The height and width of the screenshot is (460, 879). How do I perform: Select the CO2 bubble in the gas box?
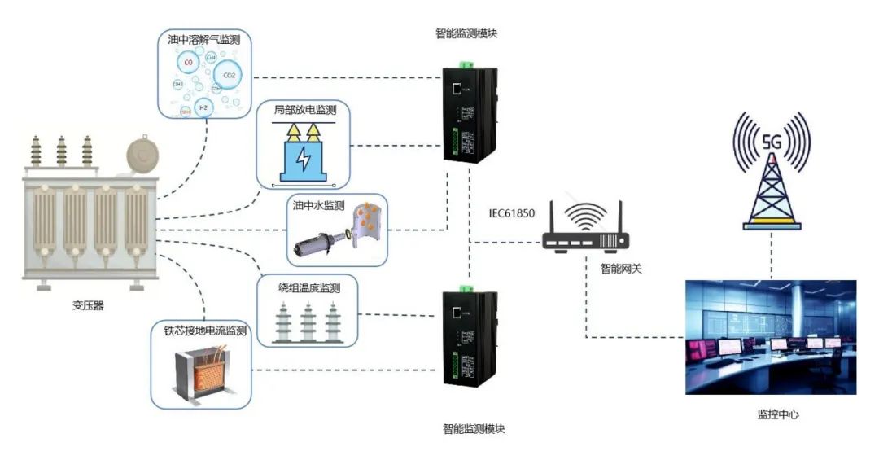pyautogui.click(x=229, y=75)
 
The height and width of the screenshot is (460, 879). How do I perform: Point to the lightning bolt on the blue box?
pyautogui.click(x=303, y=159)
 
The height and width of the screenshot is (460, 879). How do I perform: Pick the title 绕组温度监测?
pyautogui.click(x=308, y=287)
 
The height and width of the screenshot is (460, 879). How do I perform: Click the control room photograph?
pyautogui.click(x=770, y=337)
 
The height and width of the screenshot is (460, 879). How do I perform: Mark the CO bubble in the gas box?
pyautogui.click(x=189, y=63)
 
